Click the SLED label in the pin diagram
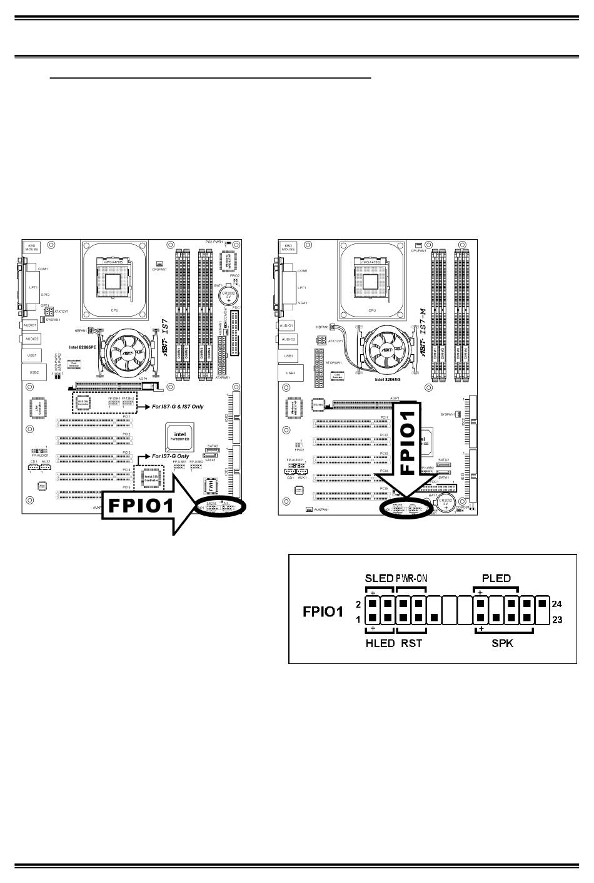pos(379,578)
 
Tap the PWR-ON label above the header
pos(411,578)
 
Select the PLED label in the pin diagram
pos(496,578)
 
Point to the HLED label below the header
pos(379,643)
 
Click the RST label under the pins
pos(411,643)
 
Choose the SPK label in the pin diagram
pos(502,643)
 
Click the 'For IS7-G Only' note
pos(171,456)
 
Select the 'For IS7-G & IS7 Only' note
pos(178,407)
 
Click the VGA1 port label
pos(303,303)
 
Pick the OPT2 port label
pos(46,294)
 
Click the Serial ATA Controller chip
pos(151,479)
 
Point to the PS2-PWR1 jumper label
pos(214,241)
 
